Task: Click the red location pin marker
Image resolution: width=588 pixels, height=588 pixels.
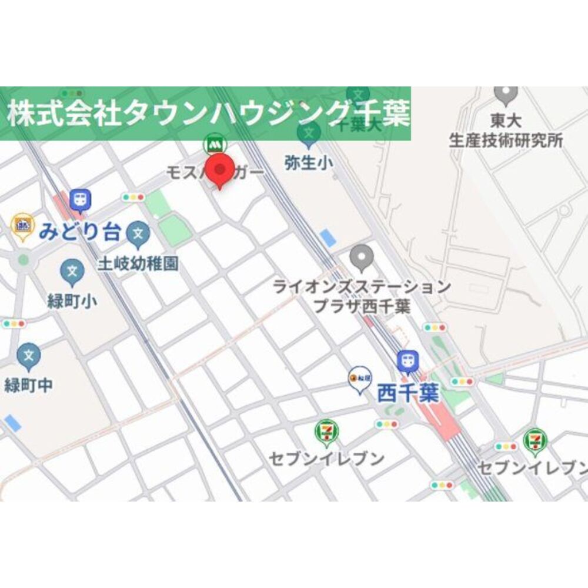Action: [219, 169]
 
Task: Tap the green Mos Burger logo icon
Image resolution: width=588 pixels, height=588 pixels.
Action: [215, 144]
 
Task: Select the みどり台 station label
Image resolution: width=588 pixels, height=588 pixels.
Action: [79, 232]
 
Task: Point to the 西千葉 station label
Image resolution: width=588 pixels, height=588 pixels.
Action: [408, 393]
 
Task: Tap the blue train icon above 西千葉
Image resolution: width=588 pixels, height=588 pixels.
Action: [407, 361]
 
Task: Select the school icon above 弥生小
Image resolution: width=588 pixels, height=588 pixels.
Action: [308, 134]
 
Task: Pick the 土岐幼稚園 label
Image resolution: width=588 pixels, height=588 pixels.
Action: [138, 263]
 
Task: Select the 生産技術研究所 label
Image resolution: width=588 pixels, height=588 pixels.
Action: [506, 141]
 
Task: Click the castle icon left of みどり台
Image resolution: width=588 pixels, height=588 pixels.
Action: [22, 225]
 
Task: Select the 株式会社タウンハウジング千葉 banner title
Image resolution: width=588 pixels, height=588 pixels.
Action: [209, 113]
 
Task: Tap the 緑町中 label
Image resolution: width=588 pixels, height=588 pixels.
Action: [28, 385]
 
